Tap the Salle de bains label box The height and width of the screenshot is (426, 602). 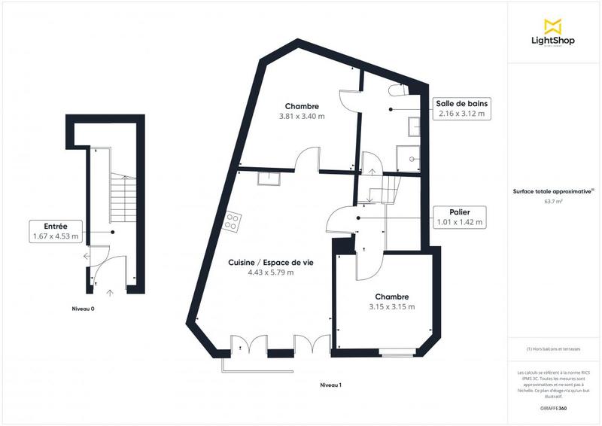[x=461, y=108]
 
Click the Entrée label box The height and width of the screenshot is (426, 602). [x=55, y=232]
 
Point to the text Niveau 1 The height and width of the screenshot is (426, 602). [x=331, y=385]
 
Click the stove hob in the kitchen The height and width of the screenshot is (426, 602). [x=233, y=222]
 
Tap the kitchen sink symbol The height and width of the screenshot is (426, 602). [x=268, y=178]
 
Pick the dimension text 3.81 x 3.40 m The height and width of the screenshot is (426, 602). [x=302, y=116]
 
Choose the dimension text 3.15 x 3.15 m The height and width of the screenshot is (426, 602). [x=392, y=306]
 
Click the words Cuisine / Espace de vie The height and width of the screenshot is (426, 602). [x=272, y=262]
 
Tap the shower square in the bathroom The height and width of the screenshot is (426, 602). [x=412, y=160]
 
